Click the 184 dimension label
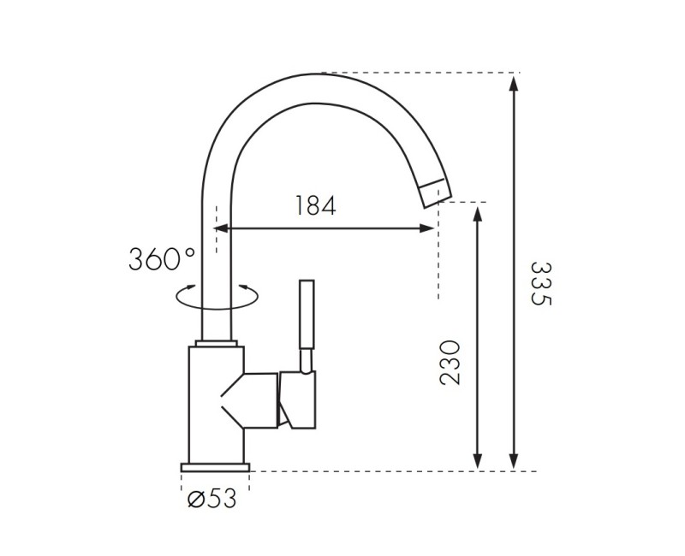pyautogui.click(x=316, y=205)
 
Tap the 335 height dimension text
pyautogui.click(x=542, y=284)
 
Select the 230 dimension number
pyautogui.click(x=450, y=363)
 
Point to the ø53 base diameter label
pyautogui.click(x=211, y=499)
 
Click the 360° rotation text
pyautogui.click(x=162, y=259)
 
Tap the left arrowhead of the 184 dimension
pyautogui.click(x=221, y=228)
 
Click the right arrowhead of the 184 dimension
pyautogui.click(x=426, y=228)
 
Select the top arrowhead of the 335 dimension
pyautogui.click(x=515, y=83)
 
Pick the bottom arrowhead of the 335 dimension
pyautogui.click(x=515, y=461)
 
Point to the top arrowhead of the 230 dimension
pyautogui.click(x=478, y=216)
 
